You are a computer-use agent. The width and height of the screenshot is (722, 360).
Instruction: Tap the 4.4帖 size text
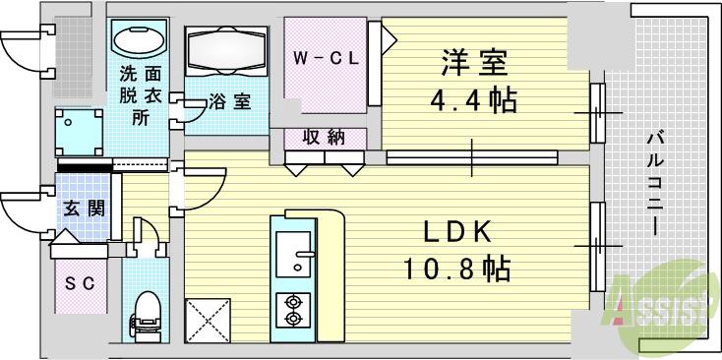pyautogui.click(x=474, y=100)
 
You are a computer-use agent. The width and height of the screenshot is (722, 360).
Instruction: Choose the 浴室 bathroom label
pyautogui.click(x=229, y=100)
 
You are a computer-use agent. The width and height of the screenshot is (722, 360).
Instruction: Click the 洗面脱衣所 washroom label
pyautogui.click(x=141, y=95)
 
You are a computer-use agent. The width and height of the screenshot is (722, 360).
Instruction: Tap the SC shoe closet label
pyautogui.click(x=79, y=284)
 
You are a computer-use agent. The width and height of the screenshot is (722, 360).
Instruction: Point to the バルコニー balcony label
pyautogui.click(x=653, y=181)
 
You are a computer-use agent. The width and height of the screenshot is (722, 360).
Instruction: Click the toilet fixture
pyautogui.click(x=145, y=311)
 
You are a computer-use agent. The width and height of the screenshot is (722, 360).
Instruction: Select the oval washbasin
pyautogui.click(x=142, y=40)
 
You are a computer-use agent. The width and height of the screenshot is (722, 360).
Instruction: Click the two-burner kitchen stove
pyautogui.click(x=294, y=311)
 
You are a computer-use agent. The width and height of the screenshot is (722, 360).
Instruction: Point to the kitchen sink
pyautogui.click(x=294, y=257)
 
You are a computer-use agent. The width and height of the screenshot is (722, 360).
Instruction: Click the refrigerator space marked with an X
pyautogui.click(x=210, y=318)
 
